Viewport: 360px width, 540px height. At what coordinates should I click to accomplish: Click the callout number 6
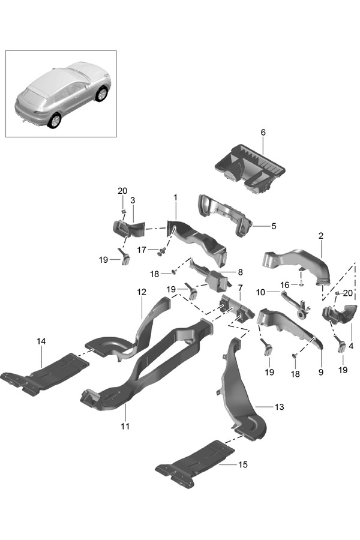(263, 132)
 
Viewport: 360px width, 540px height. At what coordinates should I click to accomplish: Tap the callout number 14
(41, 341)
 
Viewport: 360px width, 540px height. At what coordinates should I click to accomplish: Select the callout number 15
(242, 464)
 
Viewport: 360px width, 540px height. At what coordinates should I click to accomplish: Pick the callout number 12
(142, 292)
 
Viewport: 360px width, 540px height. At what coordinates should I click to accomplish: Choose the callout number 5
(273, 226)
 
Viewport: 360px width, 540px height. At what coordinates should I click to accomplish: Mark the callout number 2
(321, 236)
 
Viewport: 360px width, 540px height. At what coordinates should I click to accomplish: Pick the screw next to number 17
(161, 250)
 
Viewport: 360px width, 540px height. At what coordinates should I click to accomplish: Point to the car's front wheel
(102, 94)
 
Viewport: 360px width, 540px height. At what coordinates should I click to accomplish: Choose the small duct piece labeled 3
(127, 229)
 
